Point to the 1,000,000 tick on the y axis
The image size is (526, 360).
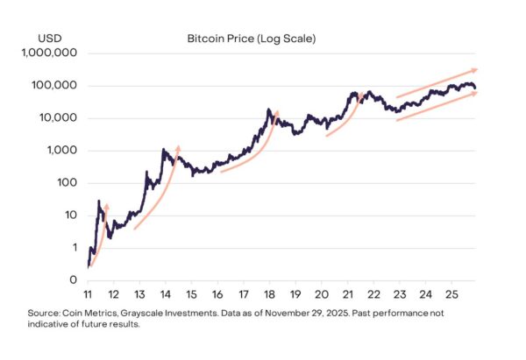[50, 53]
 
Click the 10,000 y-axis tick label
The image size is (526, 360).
[58, 118]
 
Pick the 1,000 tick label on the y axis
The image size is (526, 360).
[62, 151]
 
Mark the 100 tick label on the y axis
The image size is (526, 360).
[68, 183]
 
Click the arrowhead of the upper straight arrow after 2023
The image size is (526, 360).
[474, 69]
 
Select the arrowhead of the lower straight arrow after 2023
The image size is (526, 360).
[474, 93]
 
